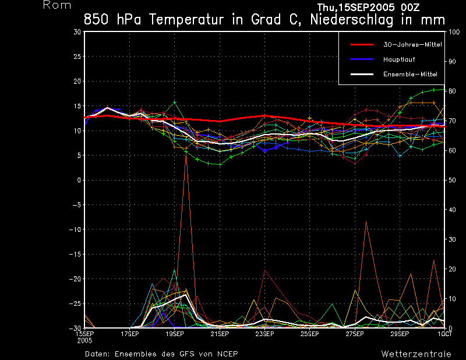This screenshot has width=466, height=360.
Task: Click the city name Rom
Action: [58, 5]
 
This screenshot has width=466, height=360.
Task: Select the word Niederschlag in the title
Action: [352, 19]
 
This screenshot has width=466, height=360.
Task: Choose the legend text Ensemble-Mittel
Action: [409, 74]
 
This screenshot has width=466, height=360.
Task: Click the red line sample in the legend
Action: [361, 44]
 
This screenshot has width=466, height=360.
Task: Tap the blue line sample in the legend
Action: [361, 59]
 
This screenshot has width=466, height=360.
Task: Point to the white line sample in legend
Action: [361, 74]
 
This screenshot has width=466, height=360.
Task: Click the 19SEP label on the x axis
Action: [174, 334]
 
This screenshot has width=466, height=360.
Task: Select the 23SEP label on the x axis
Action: [264, 334]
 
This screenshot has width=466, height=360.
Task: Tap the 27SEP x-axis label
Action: [354, 334]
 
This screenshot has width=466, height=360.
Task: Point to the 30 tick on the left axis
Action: [77, 32]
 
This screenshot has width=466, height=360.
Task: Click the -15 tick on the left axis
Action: [75, 254]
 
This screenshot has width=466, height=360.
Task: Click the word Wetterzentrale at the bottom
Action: [416, 354]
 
